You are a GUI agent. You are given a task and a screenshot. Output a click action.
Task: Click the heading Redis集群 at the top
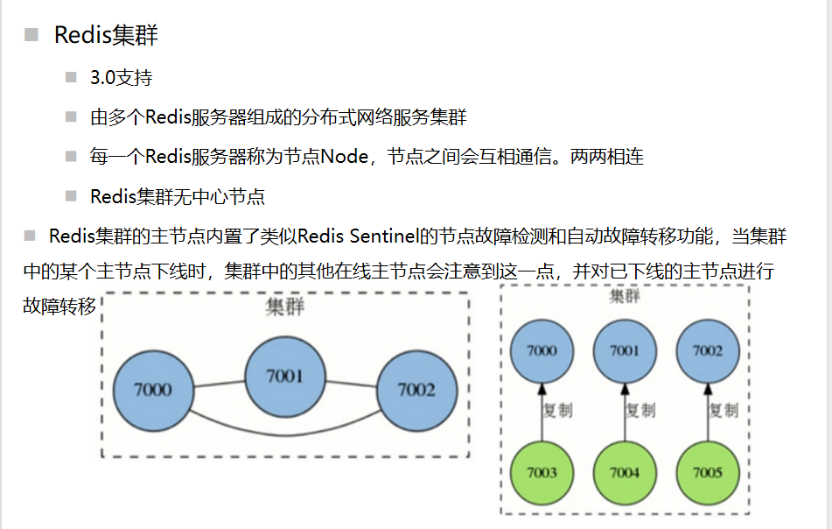point(106,36)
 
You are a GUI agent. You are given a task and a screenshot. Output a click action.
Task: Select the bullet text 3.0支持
point(121,78)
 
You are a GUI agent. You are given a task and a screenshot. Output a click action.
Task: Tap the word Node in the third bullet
point(347,157)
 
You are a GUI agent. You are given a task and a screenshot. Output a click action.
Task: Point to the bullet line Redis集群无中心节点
point(177,196)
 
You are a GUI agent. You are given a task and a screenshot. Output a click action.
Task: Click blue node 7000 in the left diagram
point(153,390)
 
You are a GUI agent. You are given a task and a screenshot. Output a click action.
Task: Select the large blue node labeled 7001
point(284,377)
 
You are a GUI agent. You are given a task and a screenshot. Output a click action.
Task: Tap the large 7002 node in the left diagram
point(416,390)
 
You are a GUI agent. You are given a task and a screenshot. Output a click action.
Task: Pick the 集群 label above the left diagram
point(284,309)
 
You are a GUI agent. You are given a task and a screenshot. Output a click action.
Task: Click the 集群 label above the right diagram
point(624,296)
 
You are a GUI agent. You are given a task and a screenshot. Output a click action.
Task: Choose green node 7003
point(542,473)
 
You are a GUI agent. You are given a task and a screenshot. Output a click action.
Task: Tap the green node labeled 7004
point(625,473)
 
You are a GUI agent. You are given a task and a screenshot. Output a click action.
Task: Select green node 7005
point(707,473)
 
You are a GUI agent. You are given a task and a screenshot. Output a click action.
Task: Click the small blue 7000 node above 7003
point(542,351)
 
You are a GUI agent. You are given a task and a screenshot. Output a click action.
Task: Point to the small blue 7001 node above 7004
point(625,351)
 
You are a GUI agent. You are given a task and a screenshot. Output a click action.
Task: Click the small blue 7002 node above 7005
point(707,351)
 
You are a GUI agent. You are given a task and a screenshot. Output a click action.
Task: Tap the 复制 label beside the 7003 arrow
point(559,410)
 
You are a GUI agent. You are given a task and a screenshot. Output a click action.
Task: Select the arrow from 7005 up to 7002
point(707,412)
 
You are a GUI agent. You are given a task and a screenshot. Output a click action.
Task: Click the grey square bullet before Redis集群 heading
point(31,35)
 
